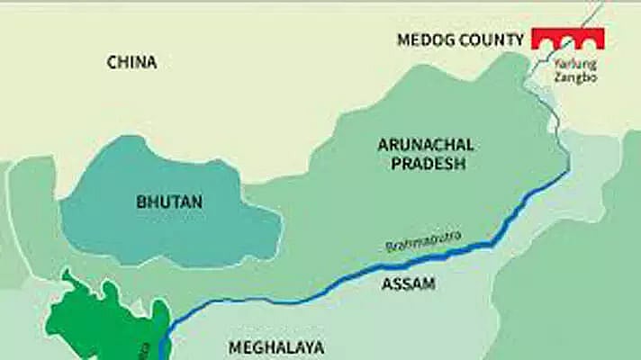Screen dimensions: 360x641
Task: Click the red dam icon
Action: (567, 38)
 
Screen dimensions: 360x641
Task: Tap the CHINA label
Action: (131, 62)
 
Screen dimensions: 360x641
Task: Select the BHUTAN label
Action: (169, 202)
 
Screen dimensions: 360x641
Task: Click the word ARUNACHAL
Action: (427, 145)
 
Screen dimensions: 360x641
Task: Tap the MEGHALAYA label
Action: (275, 347)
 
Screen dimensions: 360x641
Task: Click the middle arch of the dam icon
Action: (567, 40)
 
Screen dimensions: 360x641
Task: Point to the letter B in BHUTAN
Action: (141, 202)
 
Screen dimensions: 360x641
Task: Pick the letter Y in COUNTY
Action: (519, 40)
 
